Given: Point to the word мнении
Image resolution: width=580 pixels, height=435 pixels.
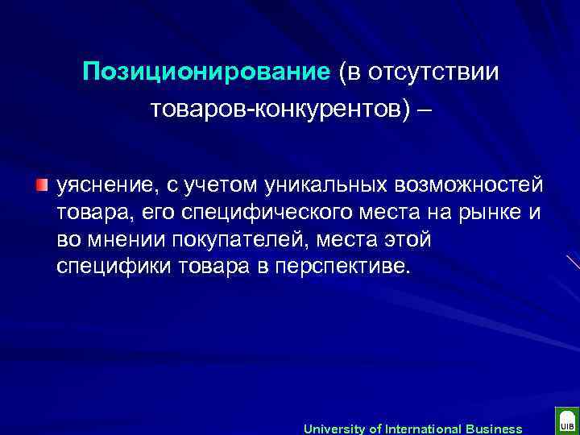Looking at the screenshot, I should click(124, 239).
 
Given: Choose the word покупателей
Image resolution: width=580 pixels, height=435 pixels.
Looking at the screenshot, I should click(240, 239).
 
